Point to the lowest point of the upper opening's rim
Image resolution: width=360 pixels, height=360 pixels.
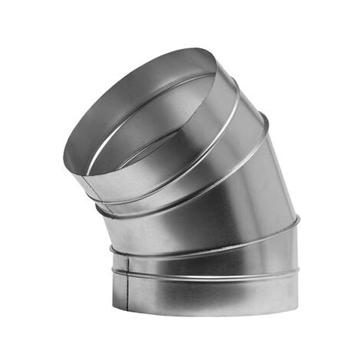pyautogui.click(x=86, y=175)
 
